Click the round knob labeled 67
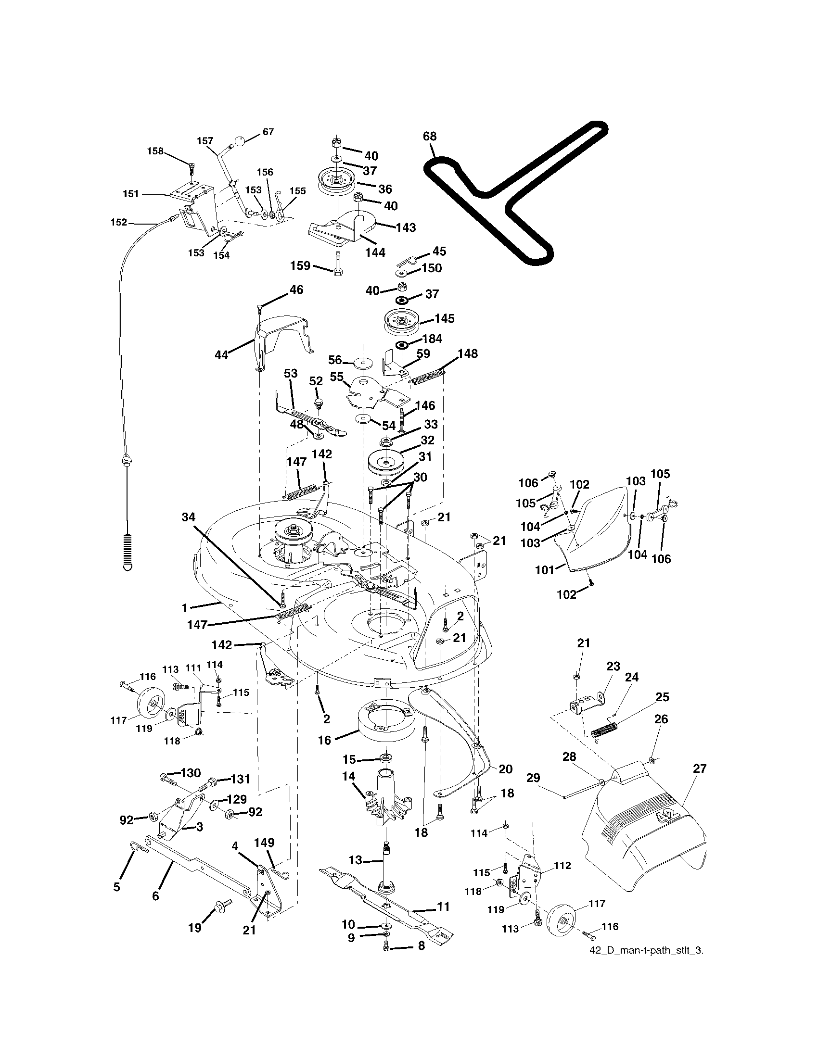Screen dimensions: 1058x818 pos(241,141)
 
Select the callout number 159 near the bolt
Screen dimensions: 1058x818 pos(300,265)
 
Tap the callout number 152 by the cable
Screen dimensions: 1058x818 pos(119,222)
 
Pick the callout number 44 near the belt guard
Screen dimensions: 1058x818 pos(221,355)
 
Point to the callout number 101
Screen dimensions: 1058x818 pos(544,570)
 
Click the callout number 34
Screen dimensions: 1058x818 pos(189,517)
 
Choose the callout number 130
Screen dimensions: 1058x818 pos(190,773)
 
